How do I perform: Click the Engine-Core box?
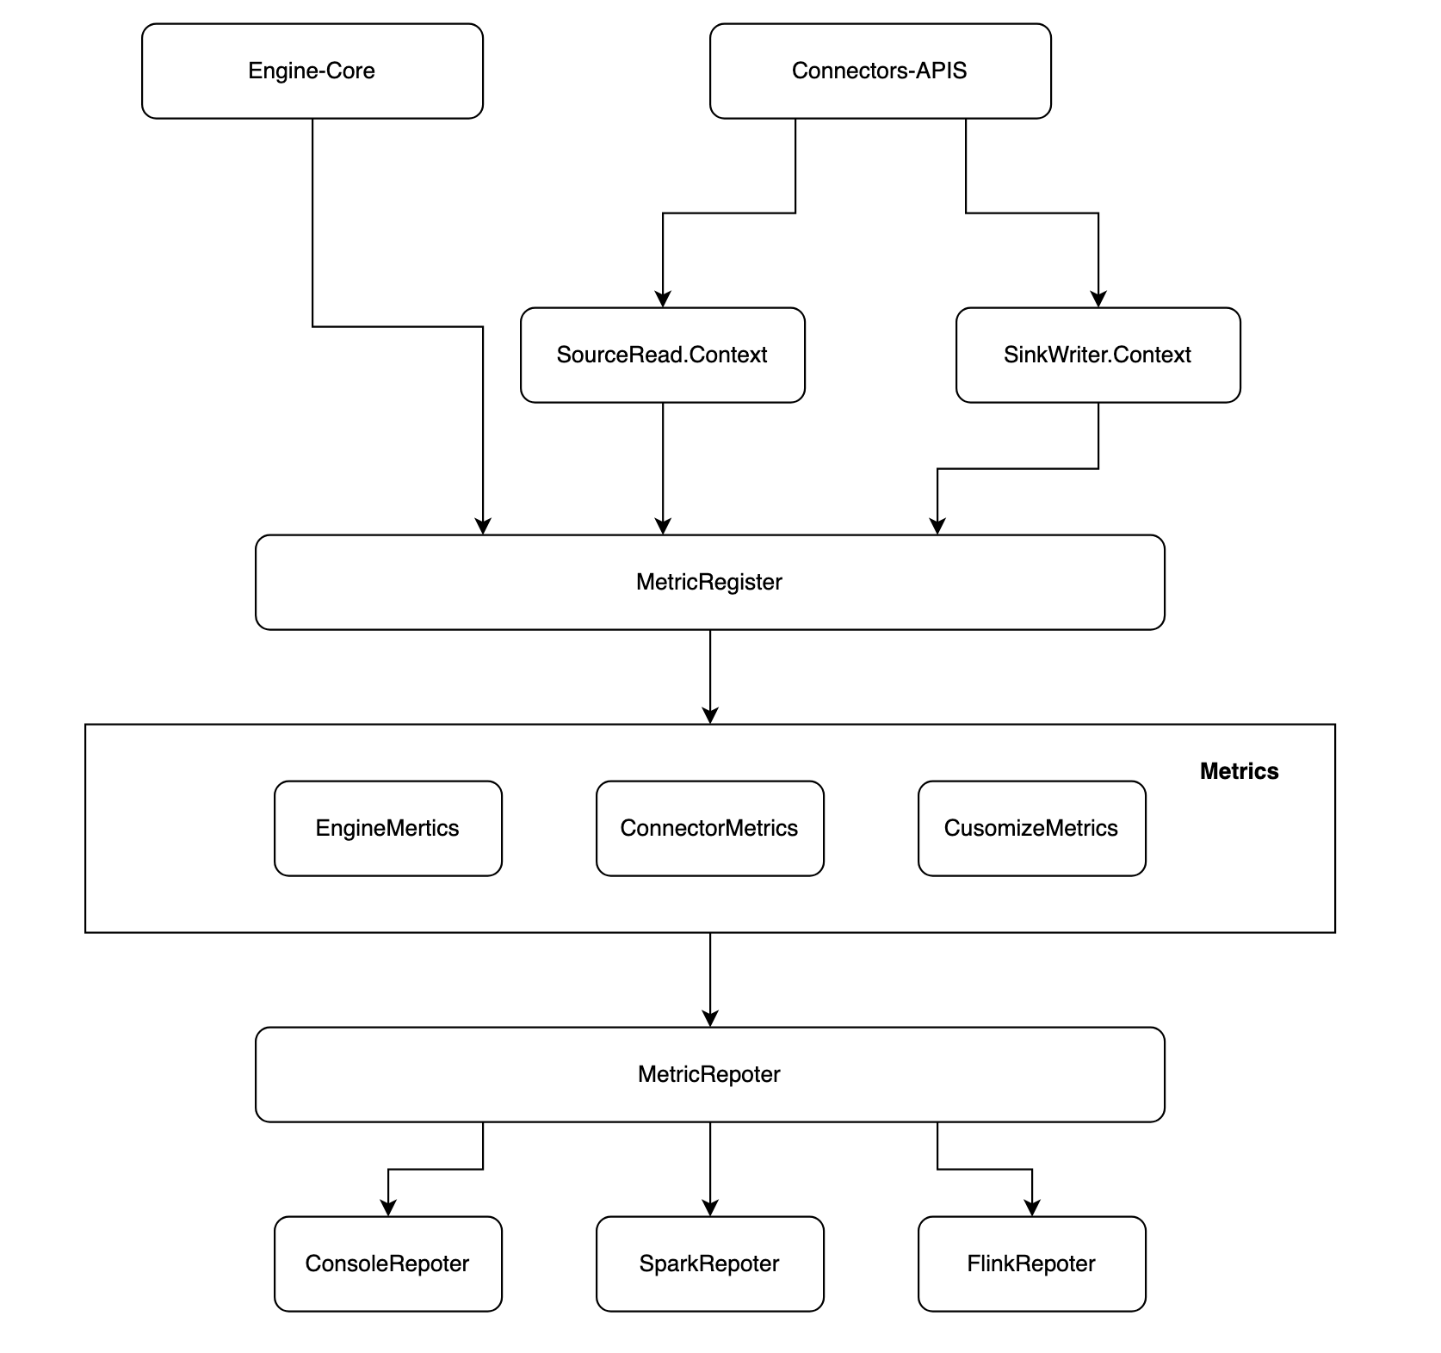(312, 71)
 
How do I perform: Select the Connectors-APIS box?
(880, 71)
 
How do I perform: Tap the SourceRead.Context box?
(662, 355)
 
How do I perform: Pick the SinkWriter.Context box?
(1098, 355)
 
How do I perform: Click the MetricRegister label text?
(708, 582)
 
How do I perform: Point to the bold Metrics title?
(1239, 771)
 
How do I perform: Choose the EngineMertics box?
(387, 828)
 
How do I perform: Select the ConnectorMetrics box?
(709, 828)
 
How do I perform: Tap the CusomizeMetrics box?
(1031, 828)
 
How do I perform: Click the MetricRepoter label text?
(708, 1074)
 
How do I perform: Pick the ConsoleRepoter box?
(387, 1263)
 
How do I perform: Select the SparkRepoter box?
(709, 1263)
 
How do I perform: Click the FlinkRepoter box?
(1031, 1263)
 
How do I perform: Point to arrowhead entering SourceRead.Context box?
(663, 299)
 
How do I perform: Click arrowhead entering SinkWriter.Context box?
(1098, 299)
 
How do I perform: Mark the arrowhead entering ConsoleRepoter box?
(388, 1208)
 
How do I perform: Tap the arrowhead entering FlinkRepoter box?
(1032, 1208)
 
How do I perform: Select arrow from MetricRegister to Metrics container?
(710, 676)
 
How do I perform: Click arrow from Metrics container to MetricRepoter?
(710, 979)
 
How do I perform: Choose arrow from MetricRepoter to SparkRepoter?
(710, 1168)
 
